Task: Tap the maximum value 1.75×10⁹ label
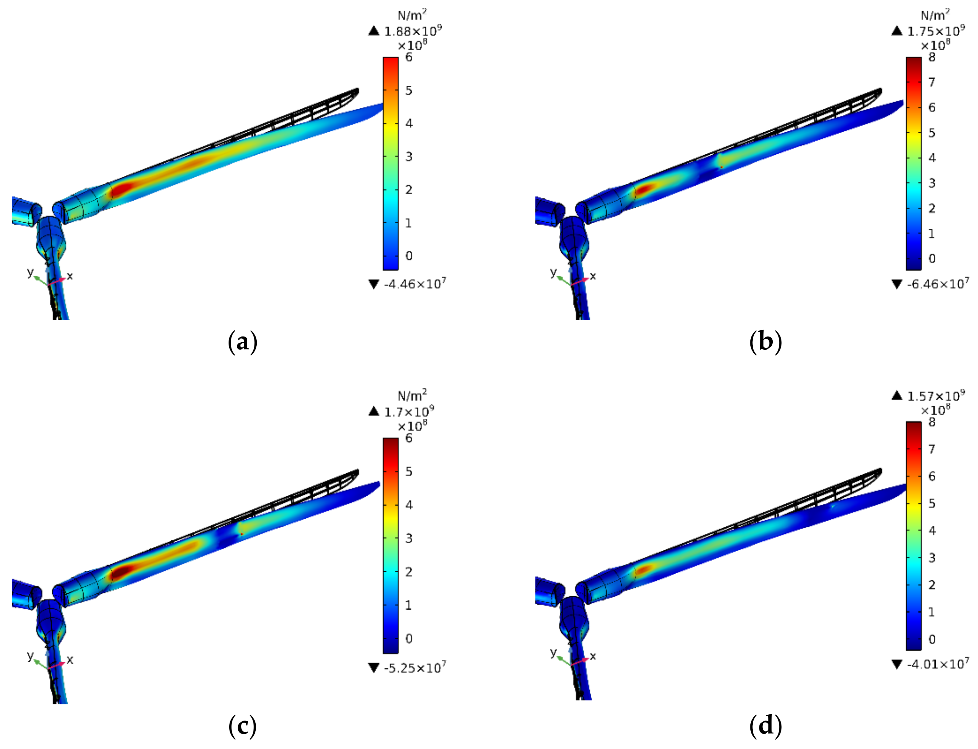coord(936,31)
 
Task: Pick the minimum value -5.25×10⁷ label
coord(415,668)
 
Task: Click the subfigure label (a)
coord(242,342)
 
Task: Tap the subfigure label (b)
coord(766,342)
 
